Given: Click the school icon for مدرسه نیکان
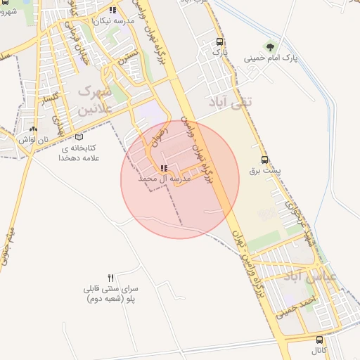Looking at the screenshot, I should pos(112,10).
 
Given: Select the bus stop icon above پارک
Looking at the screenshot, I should pos(221,41).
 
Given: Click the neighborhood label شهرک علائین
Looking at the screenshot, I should pos(95,101).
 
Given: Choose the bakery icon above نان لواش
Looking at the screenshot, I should pos(34,129).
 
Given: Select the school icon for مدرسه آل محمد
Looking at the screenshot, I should pos(164,168).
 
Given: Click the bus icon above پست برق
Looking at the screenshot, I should pos(264,160).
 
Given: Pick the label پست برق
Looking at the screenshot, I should pos(264,170).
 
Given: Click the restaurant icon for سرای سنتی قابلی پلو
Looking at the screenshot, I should pos(110,277).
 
